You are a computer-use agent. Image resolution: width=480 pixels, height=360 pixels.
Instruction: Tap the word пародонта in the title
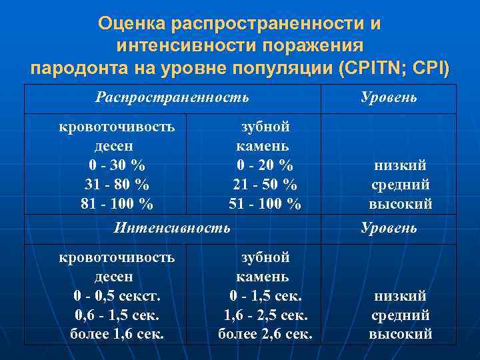point(72,69)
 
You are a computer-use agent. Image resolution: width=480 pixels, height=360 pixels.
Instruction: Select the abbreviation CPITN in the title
point(369,69)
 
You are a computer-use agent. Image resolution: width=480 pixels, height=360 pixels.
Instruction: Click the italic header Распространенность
point(172,97)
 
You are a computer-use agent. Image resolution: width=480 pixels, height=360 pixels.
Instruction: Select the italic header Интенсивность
point(172,228)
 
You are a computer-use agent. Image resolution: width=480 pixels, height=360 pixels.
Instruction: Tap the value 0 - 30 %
point(117,165)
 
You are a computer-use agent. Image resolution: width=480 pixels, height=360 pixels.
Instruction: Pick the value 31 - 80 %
point(117,184)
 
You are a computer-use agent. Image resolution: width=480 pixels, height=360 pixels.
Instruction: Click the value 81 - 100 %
point(117,203)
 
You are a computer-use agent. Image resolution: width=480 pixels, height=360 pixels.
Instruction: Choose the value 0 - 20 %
point(265,165)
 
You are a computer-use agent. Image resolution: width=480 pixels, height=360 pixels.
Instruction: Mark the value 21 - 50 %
point(265,184)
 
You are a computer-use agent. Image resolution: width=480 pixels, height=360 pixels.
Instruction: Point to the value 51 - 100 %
point(265,203)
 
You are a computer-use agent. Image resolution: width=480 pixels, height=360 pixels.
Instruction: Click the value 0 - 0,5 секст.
point(117,295)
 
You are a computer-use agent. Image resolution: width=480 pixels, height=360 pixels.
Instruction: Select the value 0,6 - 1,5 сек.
point(117,315)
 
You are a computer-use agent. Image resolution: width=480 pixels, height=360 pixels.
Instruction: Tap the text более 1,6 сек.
point(117,333)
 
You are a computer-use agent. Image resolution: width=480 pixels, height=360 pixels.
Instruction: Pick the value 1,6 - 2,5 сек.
point(265,315)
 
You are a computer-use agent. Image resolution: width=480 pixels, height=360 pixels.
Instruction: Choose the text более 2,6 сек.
point(265,333)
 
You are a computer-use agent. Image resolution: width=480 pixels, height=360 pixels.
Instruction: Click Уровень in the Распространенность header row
point(389,97)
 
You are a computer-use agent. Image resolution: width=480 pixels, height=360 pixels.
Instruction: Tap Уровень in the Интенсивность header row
point(389,228)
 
